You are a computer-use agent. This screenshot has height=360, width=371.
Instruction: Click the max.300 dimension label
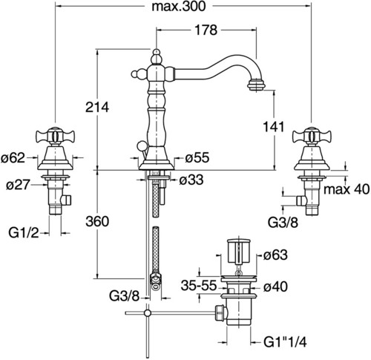tap(179, 7)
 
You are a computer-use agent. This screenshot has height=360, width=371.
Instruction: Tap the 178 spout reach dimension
tap(206, 30)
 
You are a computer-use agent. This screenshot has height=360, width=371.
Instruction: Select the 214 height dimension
tap(97, 108)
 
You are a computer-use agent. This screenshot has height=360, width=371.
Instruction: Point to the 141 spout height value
tap(274, 127)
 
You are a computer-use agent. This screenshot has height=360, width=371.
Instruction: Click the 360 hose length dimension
tap(97, 221)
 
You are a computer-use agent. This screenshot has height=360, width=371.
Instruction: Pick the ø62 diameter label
tap(13, 158)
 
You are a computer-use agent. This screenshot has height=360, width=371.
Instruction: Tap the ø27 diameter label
tap(18, 185)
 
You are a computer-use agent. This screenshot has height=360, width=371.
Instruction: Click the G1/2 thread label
tap(24, 232)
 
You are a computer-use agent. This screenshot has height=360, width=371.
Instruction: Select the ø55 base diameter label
tap(197, 157)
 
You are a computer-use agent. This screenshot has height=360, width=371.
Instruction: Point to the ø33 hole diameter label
tap(191, 180)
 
